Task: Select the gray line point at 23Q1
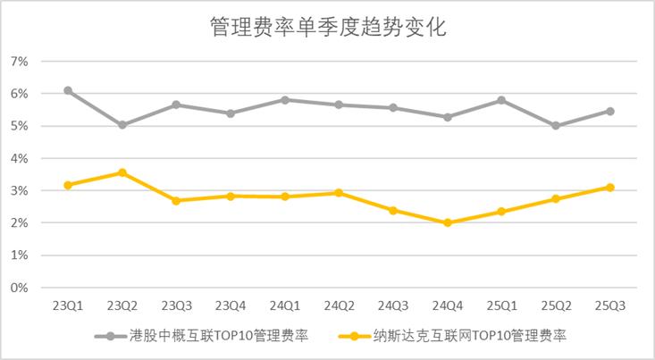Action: (68, 91)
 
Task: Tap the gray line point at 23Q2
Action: (122, 125)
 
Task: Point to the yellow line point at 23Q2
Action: (122, 172)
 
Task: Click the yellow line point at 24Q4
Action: (448, 222)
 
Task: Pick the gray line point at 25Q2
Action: (556, 126)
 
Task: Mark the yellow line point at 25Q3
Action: (610, 188)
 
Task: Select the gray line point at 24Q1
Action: (285, 100)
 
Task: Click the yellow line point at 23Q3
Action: (176, 201)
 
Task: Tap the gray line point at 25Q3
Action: (610, 111)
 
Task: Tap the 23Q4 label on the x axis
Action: (231, 305)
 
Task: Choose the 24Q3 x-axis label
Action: (393, 305)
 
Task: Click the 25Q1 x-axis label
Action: (502, 305)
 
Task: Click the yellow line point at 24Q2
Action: (339, 193)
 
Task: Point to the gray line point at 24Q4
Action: (448, 117)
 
